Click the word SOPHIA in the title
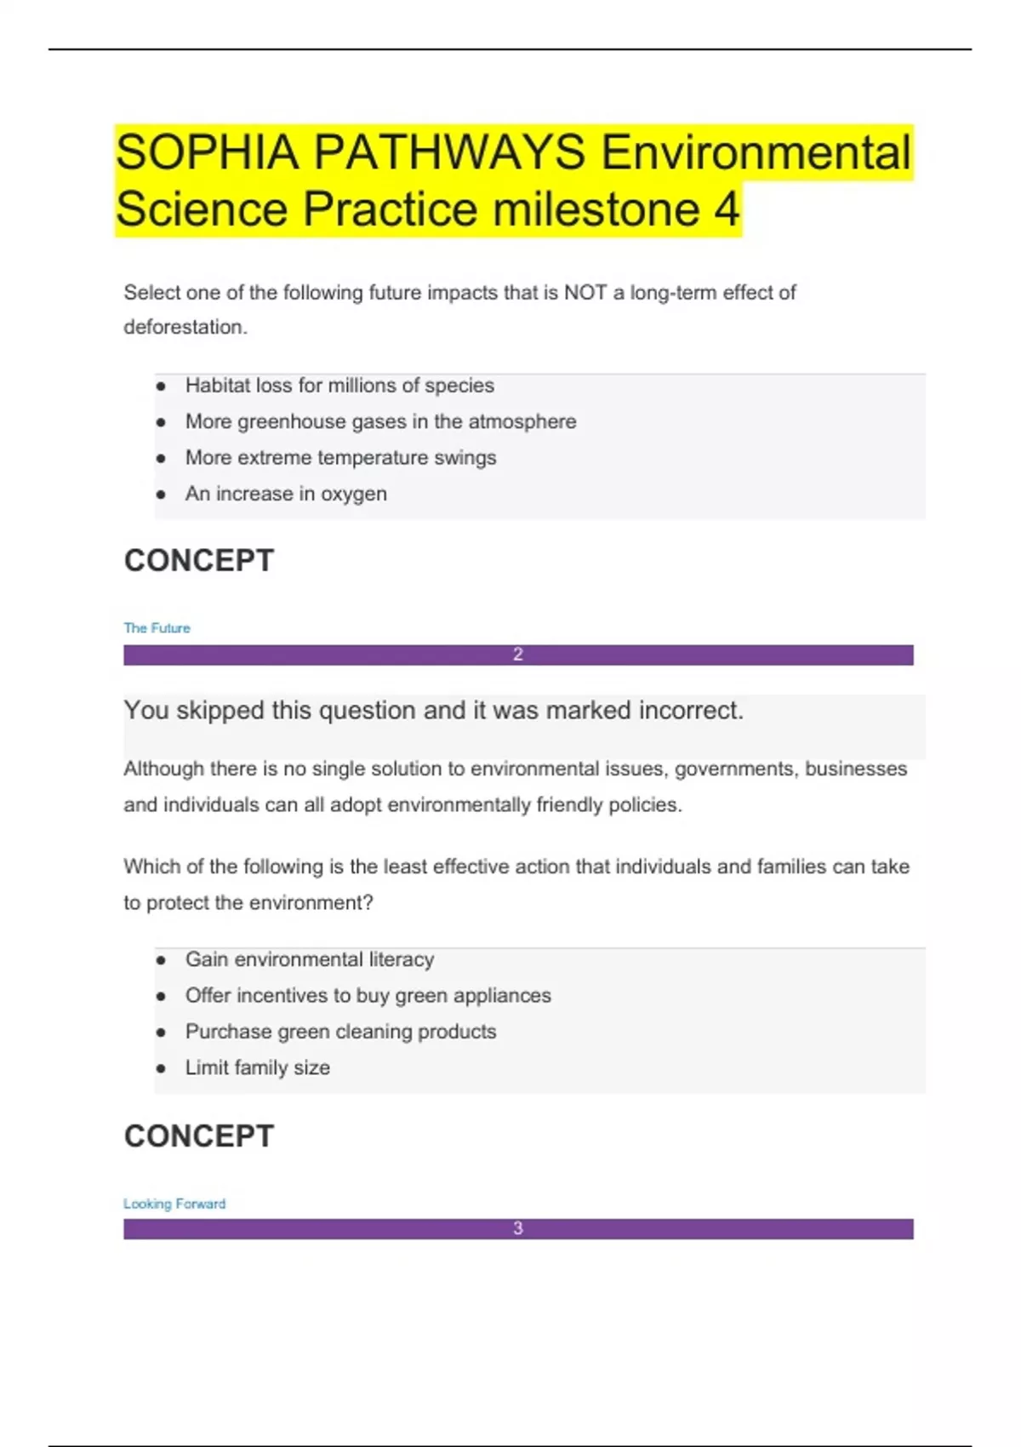click(208, 153)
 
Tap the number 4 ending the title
click(726, 209)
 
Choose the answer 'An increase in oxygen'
click(286, 494)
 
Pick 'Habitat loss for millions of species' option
click(339, 386)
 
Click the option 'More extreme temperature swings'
click(340, 458)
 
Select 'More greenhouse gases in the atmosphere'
click(380, 421)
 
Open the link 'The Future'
click(157, 628)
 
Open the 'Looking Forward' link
click(174, 1204)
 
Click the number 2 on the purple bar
click(518, 655)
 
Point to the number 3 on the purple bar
click(518, 1228)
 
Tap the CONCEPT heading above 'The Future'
click(199, 561)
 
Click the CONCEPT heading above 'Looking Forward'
click(199, 1136)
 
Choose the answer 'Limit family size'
click(257, 1067)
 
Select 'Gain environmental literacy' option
click(310, 959)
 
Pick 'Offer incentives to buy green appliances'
click(368, 995)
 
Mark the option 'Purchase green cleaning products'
click(340, 1032)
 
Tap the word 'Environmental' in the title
click(756, 153)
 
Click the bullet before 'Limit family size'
click(161, 1068)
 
